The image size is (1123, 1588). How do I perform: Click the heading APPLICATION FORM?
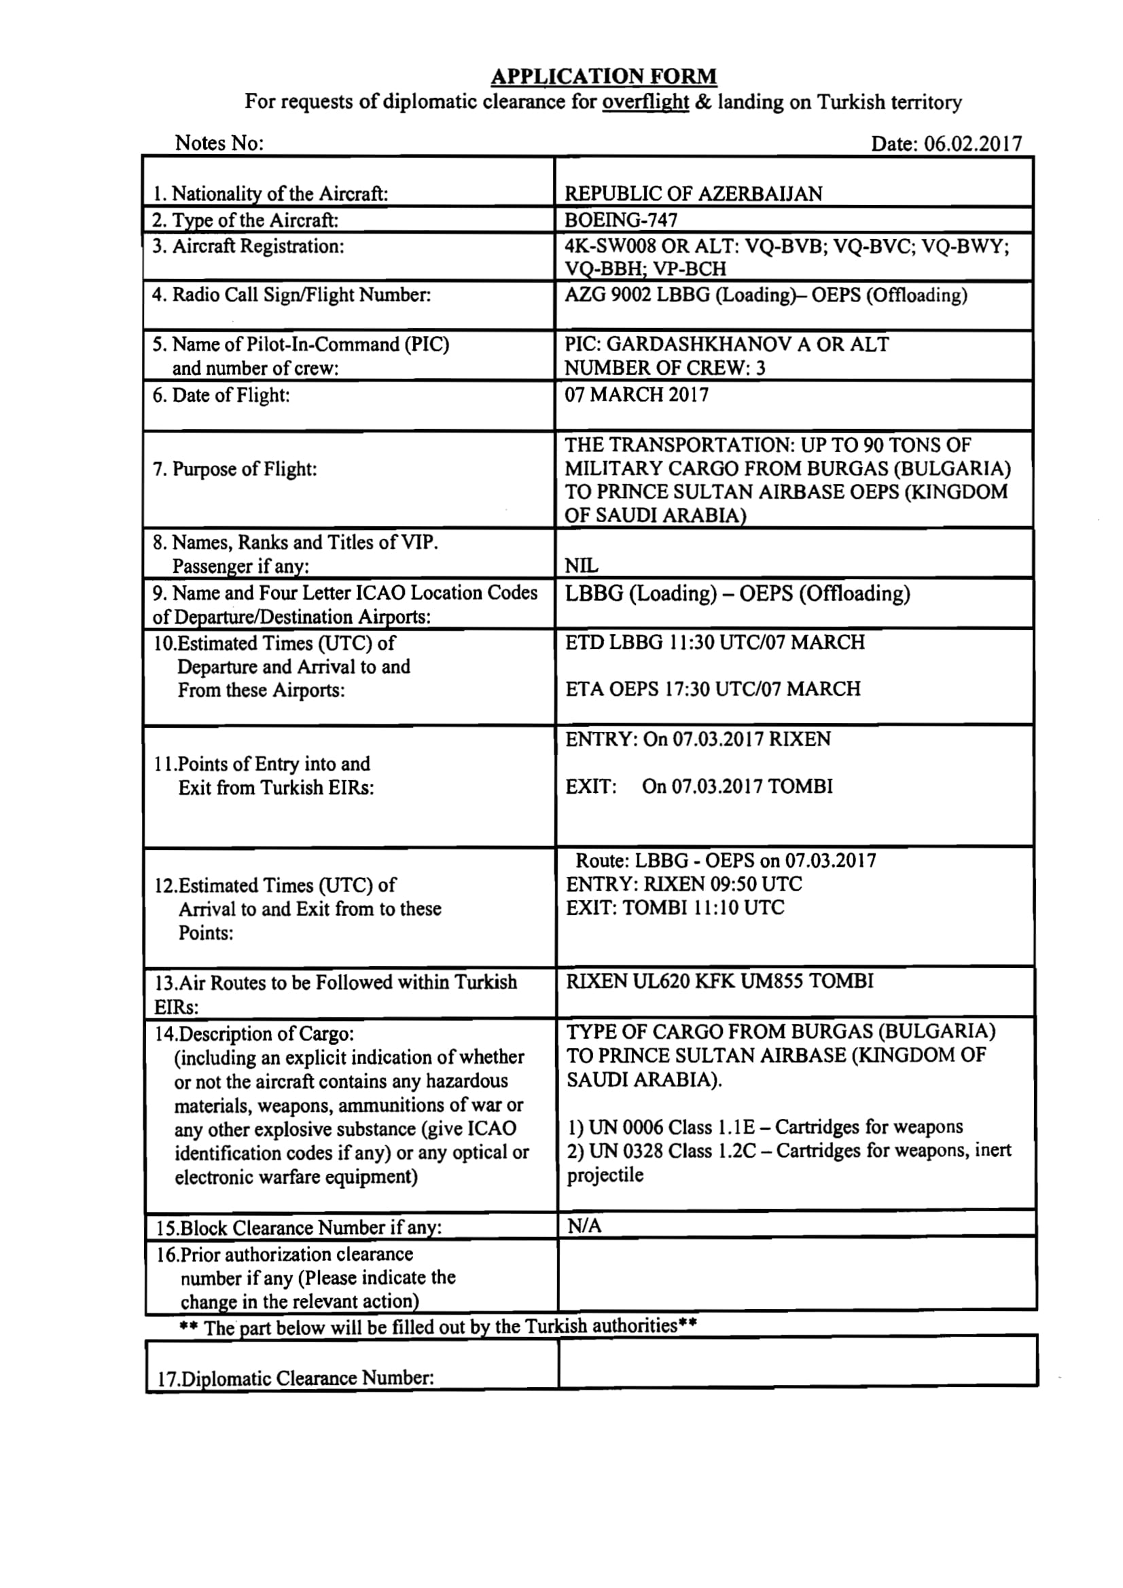[603, 76]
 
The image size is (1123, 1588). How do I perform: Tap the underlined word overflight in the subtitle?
[645, 103]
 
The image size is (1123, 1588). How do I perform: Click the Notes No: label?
[219, 143]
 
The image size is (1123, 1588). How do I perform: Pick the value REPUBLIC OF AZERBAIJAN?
[694, 193]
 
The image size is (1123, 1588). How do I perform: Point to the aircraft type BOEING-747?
[621, 220]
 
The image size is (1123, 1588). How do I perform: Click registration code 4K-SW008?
[609, 246]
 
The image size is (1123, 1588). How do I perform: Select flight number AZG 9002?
[607, 295]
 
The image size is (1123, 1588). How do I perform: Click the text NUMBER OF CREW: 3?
[664, 368]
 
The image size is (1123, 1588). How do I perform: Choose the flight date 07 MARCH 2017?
[637, 395]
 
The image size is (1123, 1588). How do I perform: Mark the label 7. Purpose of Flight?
[234, 469]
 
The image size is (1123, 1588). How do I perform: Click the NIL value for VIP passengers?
[582, 566]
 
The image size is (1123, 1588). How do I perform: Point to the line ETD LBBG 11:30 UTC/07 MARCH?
[715, 642]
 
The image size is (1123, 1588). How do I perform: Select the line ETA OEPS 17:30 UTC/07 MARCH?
[713, 689]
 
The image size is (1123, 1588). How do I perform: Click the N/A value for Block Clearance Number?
[584, 1226]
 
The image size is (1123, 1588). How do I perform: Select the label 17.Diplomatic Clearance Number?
[296, 1378]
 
